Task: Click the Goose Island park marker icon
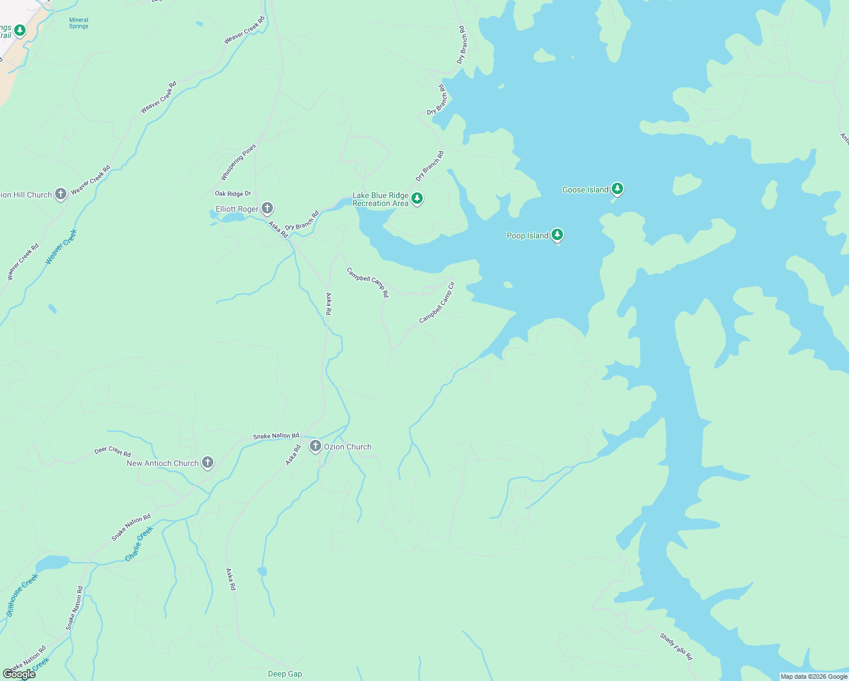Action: click(617, 189)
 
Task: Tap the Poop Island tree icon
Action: click(557, 235)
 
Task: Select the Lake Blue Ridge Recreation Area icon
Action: click(417, 199)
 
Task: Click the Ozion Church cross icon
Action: click(315, 446)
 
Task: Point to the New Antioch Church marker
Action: click(208, 463)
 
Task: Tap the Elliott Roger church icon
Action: click(267, 208)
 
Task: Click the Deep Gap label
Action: click(285, 674)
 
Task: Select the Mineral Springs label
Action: click(79, 23)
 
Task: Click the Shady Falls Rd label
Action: click(676, 646)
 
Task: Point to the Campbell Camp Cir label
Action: click(437, 302)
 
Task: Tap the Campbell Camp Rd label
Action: click(368, 282)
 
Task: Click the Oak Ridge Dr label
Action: click(233, 194)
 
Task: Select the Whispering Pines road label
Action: click(238, 162)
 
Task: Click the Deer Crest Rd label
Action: click(112, 451)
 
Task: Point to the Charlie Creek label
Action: click(139, 544)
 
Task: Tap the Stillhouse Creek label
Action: click(22, 595)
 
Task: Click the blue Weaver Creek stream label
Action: click(61, 246)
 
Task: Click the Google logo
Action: click(19, 674)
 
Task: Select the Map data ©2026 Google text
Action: click(814, 676)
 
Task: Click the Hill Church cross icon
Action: click(61, 194)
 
